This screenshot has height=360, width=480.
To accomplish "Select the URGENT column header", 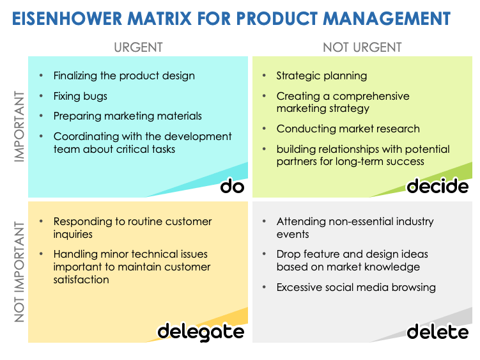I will click(138, 47).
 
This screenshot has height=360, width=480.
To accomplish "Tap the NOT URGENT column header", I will click(362, 47).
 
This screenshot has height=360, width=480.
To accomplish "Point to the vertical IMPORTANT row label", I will click(19, 126).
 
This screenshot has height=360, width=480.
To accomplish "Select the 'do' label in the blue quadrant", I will click(232, 186).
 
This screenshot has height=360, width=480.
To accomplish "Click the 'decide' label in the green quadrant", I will click(437, 186).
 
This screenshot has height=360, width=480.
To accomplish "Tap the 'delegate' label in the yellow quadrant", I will click(201, 331).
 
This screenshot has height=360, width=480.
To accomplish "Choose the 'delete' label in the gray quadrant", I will click(437, 332).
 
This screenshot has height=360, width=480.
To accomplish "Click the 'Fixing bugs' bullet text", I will click(80, 96).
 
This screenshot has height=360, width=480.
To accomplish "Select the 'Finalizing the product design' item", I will click(124, 75).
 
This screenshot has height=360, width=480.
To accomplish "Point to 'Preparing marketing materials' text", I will click(127, 116).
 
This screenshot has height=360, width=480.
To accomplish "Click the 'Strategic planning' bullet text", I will click(321, 75).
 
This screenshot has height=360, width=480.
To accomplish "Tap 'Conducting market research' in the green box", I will click(348, 129).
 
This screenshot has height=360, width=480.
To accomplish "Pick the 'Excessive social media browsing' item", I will click(355, 287).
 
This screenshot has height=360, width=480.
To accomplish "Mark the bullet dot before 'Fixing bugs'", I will click(42, 96).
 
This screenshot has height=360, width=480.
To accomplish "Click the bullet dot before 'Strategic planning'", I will click(265, 75).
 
